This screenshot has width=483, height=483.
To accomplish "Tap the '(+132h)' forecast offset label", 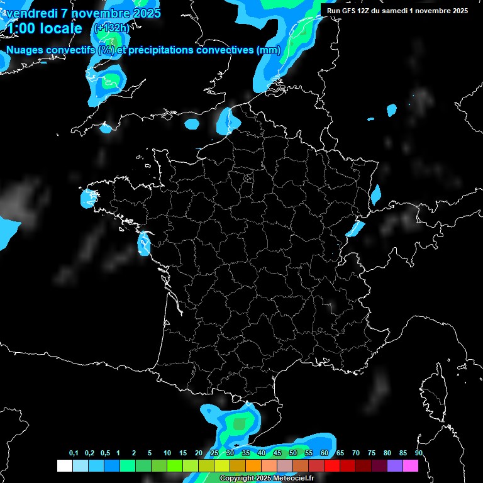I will (111, 28).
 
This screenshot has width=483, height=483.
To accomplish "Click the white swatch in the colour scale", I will (64, 465).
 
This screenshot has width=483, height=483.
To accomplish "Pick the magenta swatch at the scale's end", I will (411, 465).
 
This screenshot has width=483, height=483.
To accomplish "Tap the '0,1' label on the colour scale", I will (74, 453).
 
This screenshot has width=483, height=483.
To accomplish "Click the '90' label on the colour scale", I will (418, 453).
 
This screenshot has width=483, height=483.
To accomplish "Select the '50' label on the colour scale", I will (293, 453).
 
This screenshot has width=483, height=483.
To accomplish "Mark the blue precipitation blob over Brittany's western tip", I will (87, 199).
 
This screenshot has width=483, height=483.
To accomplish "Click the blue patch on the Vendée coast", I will (144, 243).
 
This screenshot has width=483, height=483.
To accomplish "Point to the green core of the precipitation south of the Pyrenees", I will (239, 424).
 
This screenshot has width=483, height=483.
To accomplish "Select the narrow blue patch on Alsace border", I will (375, 194).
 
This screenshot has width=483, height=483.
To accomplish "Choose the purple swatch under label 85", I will (395, 465).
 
